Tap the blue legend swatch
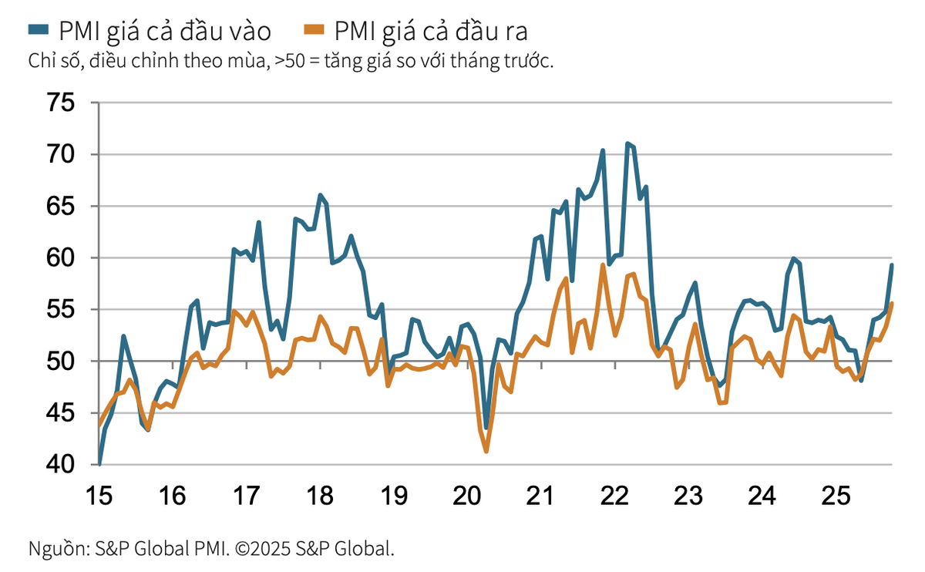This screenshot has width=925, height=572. [39, 30]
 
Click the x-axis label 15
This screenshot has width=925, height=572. [100, 495]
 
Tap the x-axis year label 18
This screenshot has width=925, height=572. [320, 495]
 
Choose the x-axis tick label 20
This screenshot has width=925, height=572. [467, 495]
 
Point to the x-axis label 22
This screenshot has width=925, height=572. [614, 495]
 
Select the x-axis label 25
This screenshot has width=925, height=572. [835, 495]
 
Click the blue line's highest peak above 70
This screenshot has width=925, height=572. [627, 143]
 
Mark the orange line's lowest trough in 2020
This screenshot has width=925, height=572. [486, 451]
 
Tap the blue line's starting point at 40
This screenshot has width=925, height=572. [100, 463]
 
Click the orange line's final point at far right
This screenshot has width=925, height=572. [892, 303]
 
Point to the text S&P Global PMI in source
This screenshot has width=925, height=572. [162, 549]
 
